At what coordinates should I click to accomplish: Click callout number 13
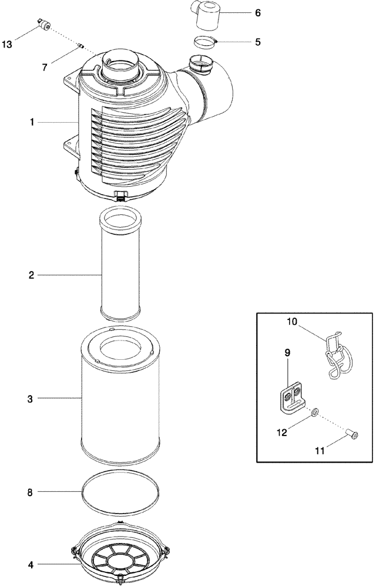7,44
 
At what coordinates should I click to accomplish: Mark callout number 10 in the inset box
293,322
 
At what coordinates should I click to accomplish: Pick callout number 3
30,399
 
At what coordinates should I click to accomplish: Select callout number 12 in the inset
281,433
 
